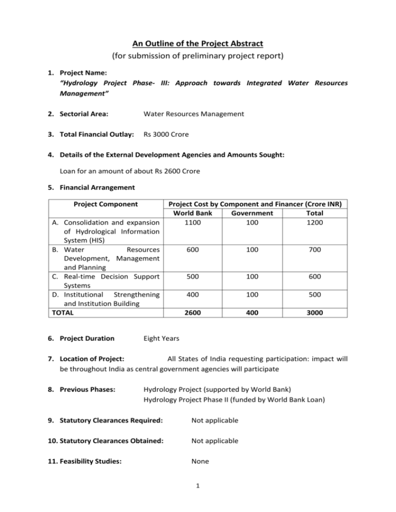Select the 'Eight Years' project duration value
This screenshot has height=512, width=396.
click(x=162, y=338)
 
